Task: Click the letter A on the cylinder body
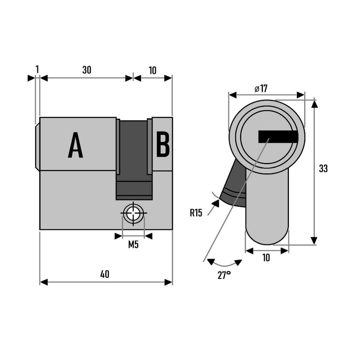point(76,145)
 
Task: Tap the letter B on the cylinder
point(163,144)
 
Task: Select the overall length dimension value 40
point(105,274)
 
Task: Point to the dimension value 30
point(87,70)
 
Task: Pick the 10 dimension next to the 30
point(152,70)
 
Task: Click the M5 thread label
point(133,245)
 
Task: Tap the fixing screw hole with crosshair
point(133,214)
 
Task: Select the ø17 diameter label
point(261,89)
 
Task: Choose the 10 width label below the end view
point(266,258)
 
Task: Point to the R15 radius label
point(196,213)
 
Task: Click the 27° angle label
point(224,275)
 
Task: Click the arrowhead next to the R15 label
point(215,204)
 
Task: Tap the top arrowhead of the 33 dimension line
point(315,104)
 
